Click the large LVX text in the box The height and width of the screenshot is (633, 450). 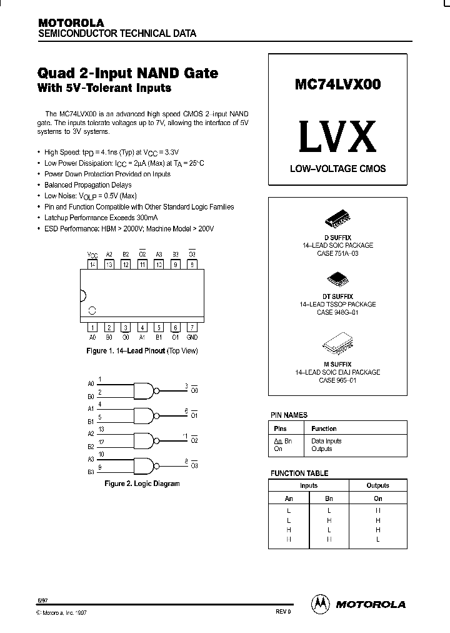coord(337,138)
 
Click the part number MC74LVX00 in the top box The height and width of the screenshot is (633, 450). coord(337,85)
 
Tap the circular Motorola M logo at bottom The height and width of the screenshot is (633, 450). coord(319,604)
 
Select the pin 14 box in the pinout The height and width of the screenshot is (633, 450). coord(92,265)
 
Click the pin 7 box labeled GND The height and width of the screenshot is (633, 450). coord(192,327)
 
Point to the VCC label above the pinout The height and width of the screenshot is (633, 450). coord(92,255)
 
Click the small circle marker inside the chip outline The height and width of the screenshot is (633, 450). coord(92,310)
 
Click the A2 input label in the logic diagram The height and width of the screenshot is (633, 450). coord(91,433)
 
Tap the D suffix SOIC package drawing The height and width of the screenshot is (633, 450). coord(337,218)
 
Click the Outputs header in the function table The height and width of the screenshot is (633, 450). coord(377,485)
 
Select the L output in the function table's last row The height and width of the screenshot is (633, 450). coord(377,539)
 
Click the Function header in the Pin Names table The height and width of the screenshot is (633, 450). coord(324,428)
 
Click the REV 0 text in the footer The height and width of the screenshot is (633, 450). coord(283,612)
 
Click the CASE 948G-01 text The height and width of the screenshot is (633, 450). coord(337,311)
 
